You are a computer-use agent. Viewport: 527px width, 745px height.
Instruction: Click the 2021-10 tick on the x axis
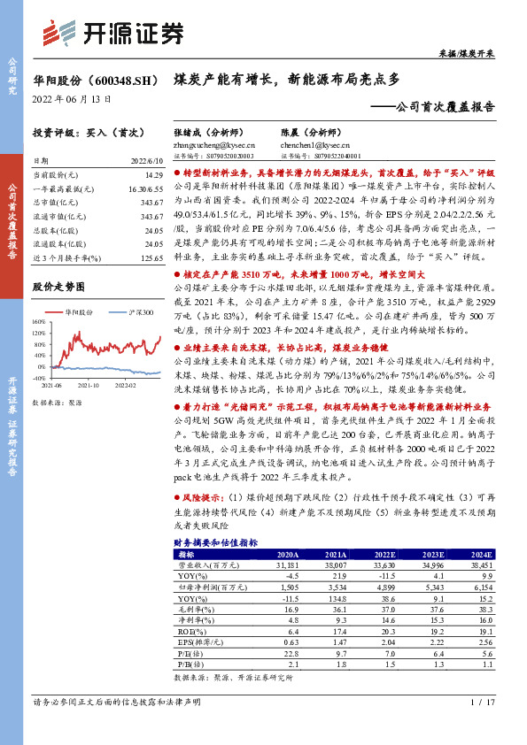coord(87,386)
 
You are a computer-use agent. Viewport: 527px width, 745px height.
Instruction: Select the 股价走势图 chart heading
coord(58,288)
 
